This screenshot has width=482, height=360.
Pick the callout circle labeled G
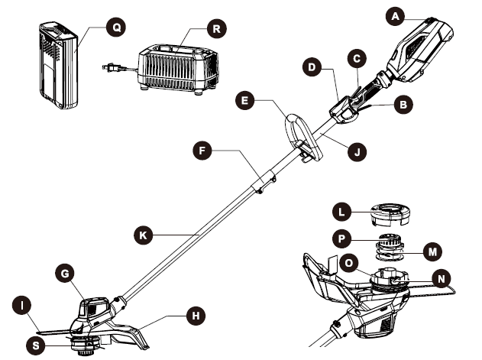tap(66, 272)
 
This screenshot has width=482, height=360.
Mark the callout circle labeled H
tap(196, 315)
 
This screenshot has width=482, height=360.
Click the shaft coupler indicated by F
tap(261, 182)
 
